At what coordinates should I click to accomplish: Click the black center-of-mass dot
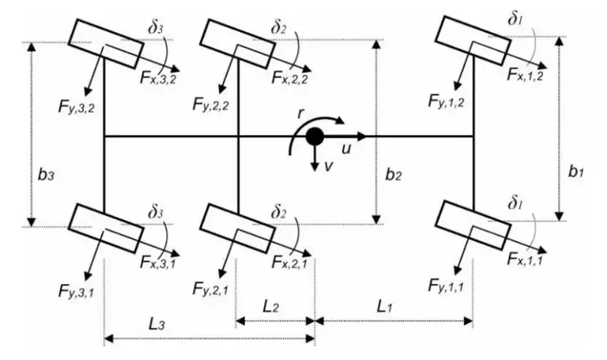pos(314,137)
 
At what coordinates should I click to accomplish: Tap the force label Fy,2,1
pos(211,289)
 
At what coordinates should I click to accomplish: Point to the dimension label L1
pos(385,307)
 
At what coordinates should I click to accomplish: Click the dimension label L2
pos(271,307)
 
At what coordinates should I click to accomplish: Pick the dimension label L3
pos(157,324)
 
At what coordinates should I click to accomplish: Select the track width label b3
pos(46,175)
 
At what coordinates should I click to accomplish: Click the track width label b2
pos(394,175)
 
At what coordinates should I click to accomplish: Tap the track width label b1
pos(576,171)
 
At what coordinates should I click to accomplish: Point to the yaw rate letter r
pos(300,114)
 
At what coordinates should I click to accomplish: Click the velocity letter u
pos(346,149)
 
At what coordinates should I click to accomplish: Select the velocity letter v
pos(329,166)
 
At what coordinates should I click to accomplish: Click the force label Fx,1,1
pos(525,259)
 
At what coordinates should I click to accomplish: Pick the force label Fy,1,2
pos(446,102)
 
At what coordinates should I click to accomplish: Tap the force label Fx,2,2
pos(290,78)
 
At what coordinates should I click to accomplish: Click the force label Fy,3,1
pos(76,290)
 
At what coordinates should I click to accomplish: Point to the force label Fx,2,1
pos(290,263)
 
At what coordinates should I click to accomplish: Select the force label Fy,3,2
pos(76,106)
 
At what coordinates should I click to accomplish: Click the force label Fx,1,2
pos(525,75)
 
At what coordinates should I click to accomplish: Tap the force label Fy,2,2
pos(211,105)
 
